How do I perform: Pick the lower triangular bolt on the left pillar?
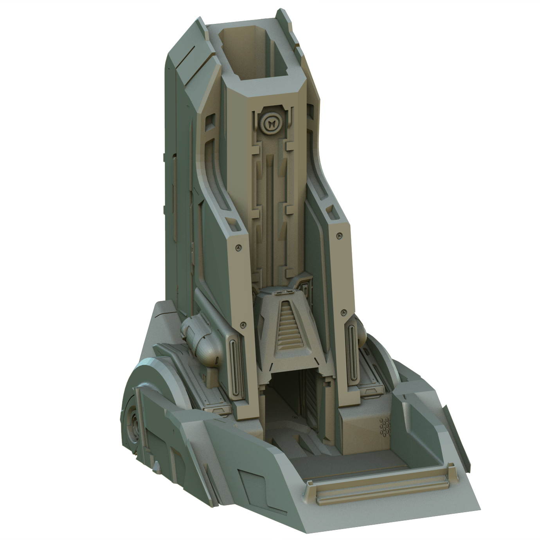(243, 324)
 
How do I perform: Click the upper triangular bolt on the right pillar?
(339, 236)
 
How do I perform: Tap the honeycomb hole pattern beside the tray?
(385, 427)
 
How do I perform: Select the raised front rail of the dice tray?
(380, 483)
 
